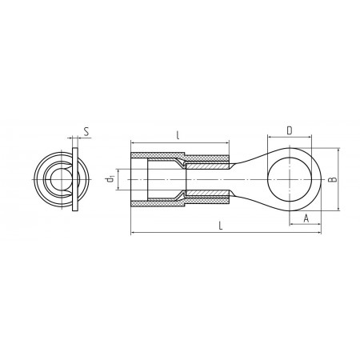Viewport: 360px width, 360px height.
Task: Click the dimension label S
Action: (x=86, y=132)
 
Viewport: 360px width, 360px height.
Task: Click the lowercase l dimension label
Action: (x=178, y=135)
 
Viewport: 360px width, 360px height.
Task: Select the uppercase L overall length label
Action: (x=221, y=226)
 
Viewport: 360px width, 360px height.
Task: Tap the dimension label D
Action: (x=290, y=130)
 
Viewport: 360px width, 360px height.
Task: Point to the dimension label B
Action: (x=333, y=179)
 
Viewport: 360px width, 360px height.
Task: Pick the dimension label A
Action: (x=306, y=218)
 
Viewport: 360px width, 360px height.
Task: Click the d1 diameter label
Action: (x=110, y=179)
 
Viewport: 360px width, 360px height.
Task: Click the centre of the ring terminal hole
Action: (x=290, y=179)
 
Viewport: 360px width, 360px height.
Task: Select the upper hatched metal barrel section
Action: (x=206, y=166)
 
